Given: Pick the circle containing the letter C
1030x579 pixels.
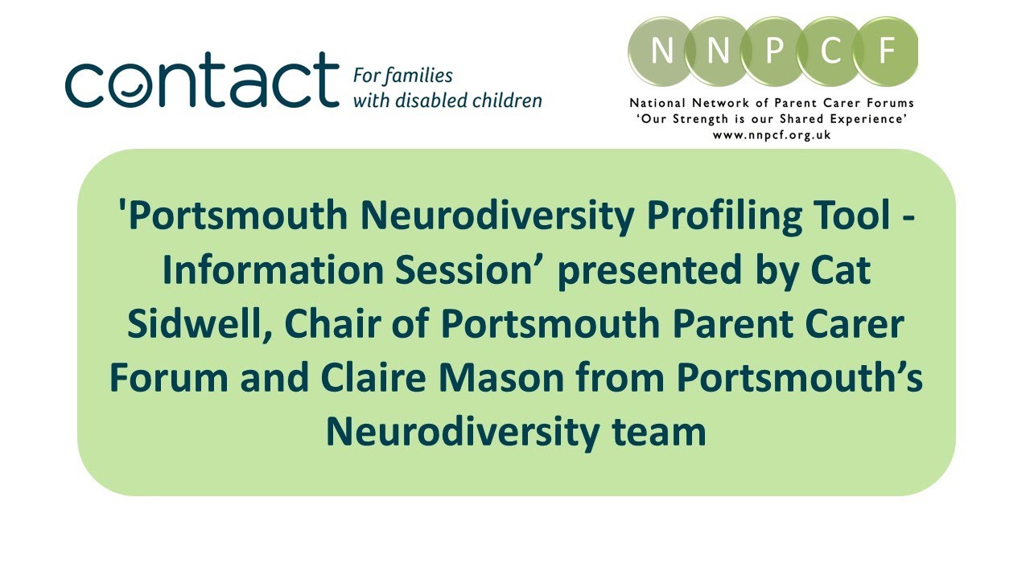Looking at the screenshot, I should [830, 51].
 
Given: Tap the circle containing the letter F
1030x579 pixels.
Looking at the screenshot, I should [886, 51].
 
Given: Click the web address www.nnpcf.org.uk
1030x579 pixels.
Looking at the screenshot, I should [772, 135].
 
